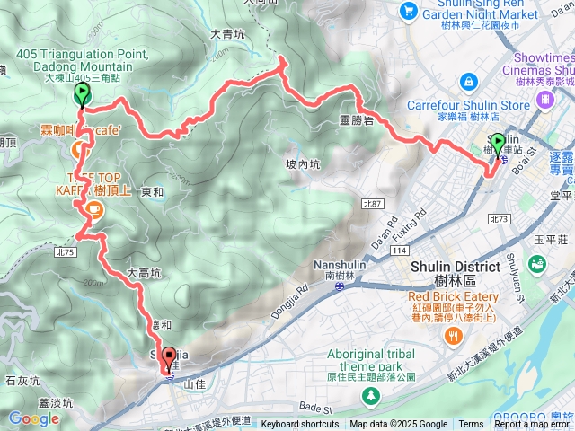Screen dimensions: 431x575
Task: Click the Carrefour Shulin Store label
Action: click(x=468, y=105)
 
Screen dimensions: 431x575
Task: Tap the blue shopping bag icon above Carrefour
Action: click(x=468, y=82)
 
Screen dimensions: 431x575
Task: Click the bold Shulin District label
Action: click(x=456, y=268)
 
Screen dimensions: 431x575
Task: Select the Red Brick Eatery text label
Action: click(x=453, y=296)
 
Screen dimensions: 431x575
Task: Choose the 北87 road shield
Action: click(x=373, y=205)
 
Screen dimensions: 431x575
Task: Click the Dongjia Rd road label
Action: click(x=285, y=301)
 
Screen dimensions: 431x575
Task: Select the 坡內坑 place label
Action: click(x=302, y=164)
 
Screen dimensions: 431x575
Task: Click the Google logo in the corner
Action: click(x=33, y=418)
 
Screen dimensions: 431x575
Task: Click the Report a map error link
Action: click(x=533, y=425)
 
